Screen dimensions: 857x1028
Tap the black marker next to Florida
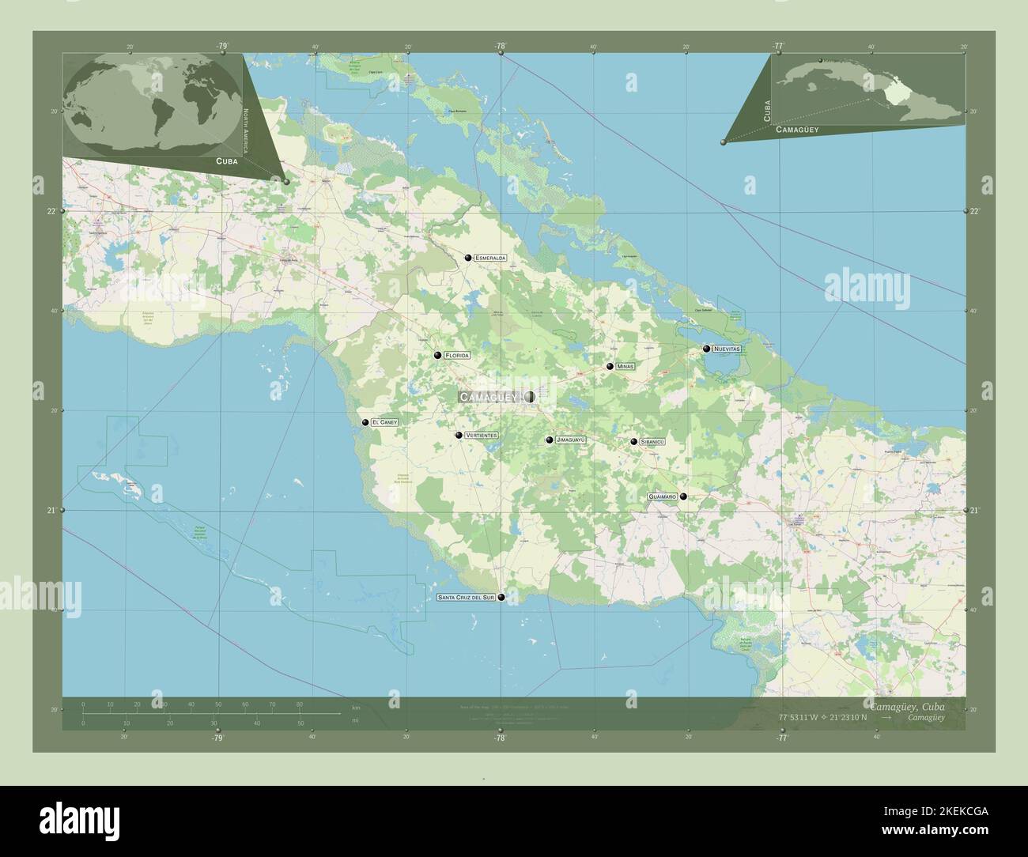tap(437, 355)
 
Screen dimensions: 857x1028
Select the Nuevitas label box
tap(726, 349)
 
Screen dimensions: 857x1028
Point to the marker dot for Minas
tap(610, 366)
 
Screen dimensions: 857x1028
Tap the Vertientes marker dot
tap(459, 435)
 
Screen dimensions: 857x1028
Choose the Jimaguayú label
tap(570, 440)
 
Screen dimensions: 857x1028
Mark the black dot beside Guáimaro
tap(683, 496)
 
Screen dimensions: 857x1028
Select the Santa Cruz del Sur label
tap(466, 598)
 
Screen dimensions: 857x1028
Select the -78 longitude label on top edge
tap(500, 47)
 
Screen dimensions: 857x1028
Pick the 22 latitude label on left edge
tap(51, 211)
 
